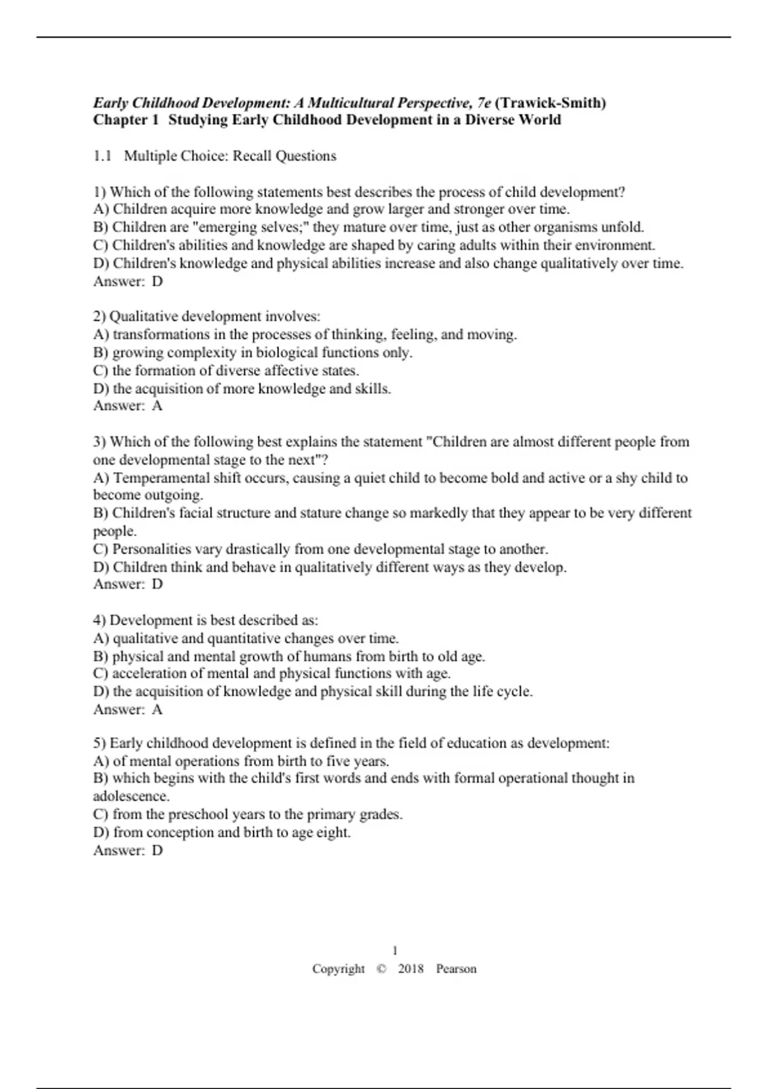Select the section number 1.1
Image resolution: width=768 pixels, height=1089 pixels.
102,156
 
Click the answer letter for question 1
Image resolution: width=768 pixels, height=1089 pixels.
157,281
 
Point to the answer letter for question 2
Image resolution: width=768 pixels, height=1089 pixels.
157,405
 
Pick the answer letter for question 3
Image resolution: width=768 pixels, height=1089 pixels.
157,584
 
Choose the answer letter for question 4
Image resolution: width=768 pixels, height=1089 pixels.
157,709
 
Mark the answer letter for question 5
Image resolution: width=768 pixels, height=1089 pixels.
157,851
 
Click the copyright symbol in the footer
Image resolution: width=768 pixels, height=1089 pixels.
381,969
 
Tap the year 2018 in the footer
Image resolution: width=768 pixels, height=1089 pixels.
411,969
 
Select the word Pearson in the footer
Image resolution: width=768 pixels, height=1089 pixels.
456,969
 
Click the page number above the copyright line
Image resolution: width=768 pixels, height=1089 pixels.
395,951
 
